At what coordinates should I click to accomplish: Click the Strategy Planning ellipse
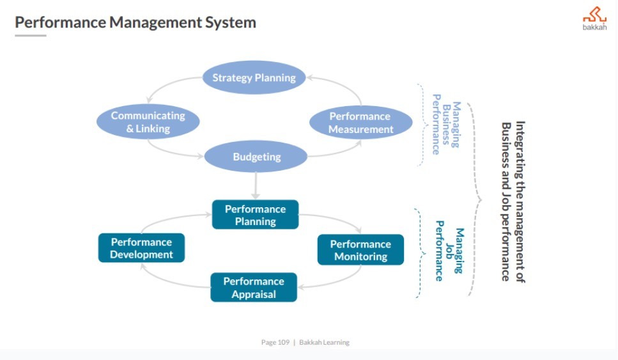coord(254,78)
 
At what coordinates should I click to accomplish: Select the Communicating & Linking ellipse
coord(148,122)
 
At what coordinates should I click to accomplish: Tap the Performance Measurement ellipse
coord(361,123)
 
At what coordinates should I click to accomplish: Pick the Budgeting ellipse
coord(256,157)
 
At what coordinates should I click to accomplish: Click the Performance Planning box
coord(255,215)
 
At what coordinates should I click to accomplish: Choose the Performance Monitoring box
coord(360,250)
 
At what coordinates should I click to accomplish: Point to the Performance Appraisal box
coord(254,288)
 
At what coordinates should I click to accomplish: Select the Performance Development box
coord(141,248)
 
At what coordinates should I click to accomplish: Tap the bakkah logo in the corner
coord(594,19)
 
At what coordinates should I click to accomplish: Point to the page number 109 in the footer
coord(284,343)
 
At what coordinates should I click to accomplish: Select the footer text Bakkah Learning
coord(324,343)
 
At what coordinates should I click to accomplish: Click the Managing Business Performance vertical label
coord(445,124)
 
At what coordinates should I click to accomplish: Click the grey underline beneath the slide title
coord(31,36)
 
